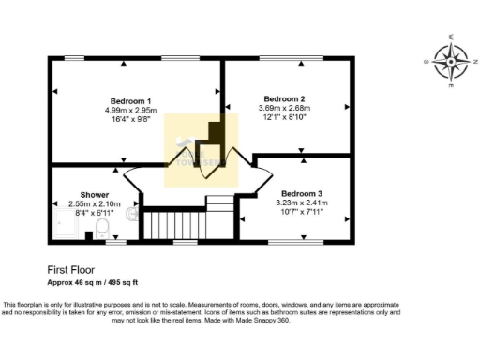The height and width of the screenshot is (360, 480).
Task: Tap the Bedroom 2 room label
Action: pos(285,98)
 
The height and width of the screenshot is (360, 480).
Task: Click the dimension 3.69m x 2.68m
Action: pos(285,108)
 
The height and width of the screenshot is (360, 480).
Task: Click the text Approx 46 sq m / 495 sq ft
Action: pos(93,281)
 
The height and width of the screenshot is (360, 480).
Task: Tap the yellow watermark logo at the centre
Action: pos(194,150)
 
